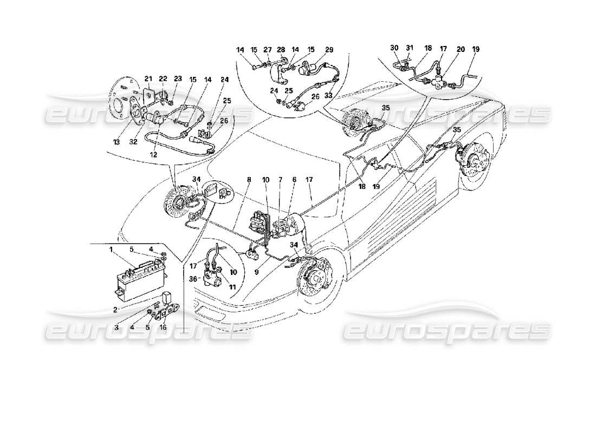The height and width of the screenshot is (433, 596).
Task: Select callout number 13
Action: (x=117, y=142)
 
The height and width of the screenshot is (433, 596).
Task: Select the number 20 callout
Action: (x=461, y=49)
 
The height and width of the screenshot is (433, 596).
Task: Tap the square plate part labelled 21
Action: (x=147, y=94)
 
